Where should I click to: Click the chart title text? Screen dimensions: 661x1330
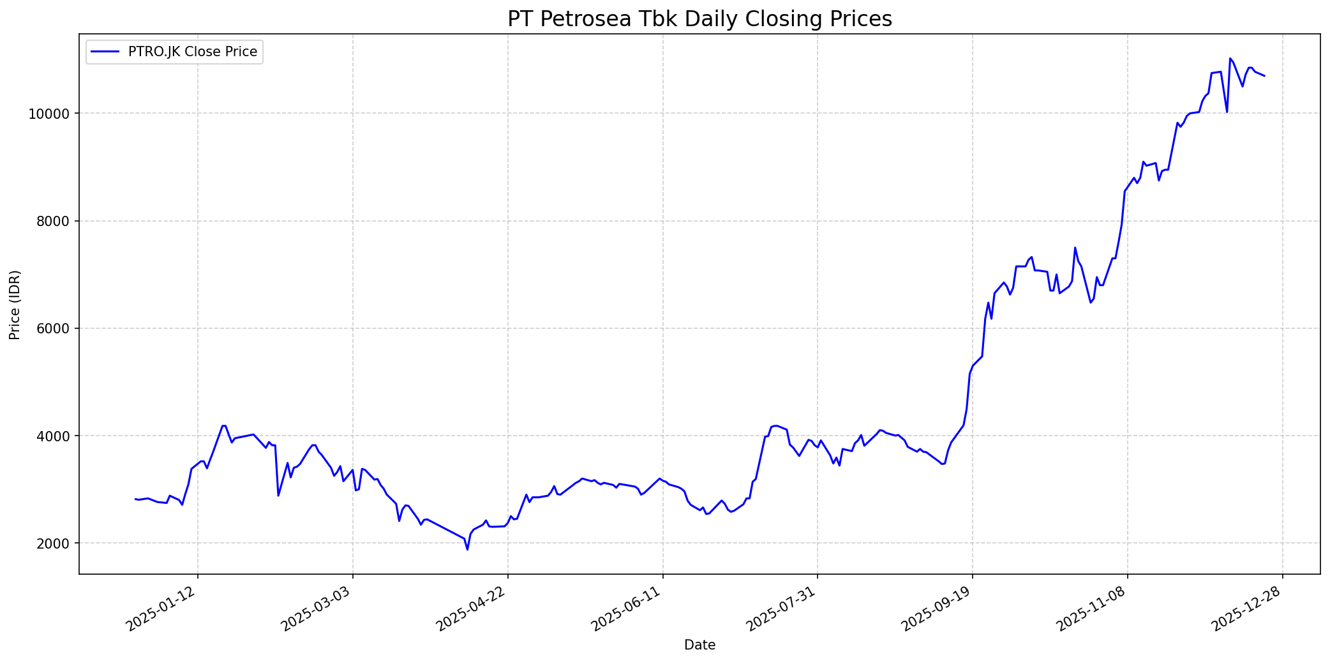699,19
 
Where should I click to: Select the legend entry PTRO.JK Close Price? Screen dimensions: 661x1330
193,52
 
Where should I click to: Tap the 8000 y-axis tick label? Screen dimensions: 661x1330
54,221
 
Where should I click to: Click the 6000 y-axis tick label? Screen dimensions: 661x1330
54,328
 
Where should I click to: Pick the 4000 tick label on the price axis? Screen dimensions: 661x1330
54,436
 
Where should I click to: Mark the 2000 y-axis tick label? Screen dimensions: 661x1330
54,543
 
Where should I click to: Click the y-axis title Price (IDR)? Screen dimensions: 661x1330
15,305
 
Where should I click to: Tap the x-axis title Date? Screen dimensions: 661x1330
699,645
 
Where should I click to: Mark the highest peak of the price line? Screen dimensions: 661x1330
1230,58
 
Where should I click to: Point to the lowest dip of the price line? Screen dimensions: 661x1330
467,549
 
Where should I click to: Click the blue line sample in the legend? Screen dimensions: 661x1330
105,52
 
